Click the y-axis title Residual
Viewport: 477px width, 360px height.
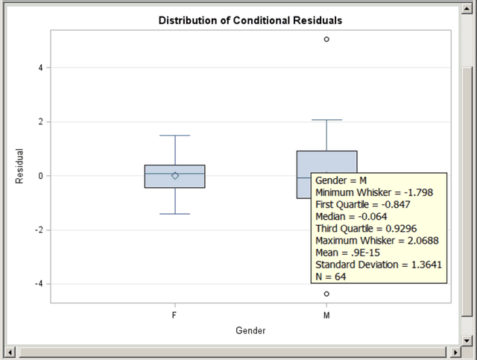[x=20, y=166]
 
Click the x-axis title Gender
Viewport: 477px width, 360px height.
[x=251, y=330]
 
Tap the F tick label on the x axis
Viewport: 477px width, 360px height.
[x=174, y=315]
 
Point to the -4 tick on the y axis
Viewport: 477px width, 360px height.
[x=40, y=284]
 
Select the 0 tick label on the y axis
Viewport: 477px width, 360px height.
[x=42, y=176]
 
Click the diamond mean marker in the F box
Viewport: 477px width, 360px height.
[x=175, y=175]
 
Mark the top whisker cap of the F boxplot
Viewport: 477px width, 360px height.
[x=175, y=136]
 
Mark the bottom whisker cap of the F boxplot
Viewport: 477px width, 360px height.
[x=175, y=214]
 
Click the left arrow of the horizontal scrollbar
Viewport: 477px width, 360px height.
[x=10, y=351]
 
